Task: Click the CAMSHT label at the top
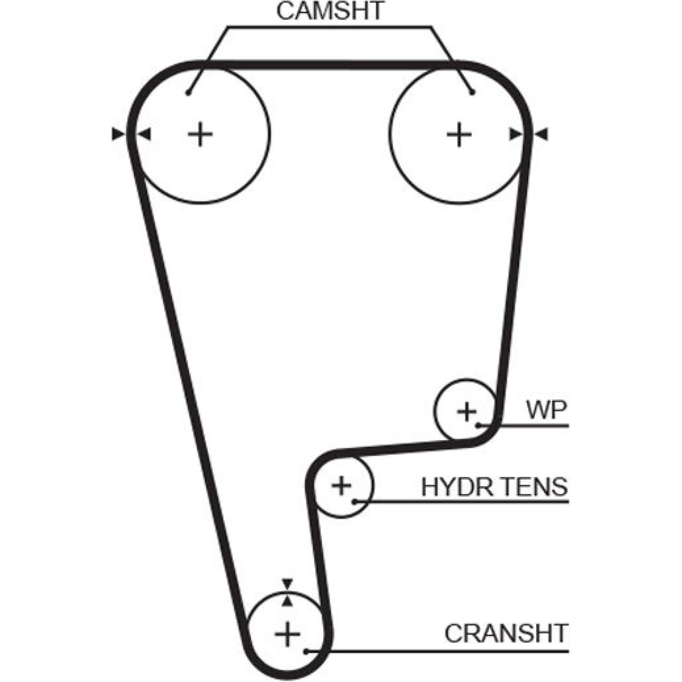pos(330,12)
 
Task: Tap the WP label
pos(547,410)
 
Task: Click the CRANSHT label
pos(506,633)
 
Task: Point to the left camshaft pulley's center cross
pos(200,135)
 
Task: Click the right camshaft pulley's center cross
pos(459,135)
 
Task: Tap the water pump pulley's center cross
pos(467,411)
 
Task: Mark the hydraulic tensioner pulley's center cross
pos(341,485)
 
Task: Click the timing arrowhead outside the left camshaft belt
pos(118,134)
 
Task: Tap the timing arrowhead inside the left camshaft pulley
pos(145,135)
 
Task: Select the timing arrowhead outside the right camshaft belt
pos(541,135)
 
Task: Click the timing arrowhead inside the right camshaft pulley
pos(516,135)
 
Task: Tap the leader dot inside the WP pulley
pos(479,425)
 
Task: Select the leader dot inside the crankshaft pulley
pos(306,651)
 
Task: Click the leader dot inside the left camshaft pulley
pos(188,93)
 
